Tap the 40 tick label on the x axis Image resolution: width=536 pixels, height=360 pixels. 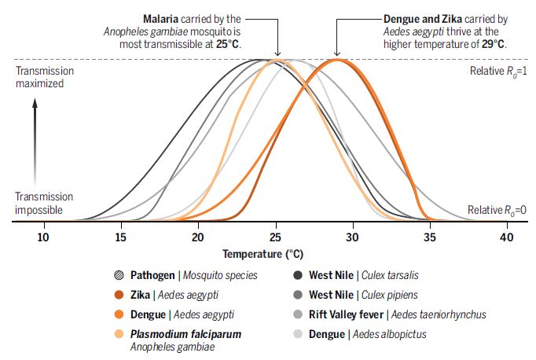[508, 237]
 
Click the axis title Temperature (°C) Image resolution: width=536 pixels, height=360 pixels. [262, 255]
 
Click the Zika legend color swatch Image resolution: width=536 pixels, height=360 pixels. [119, 295]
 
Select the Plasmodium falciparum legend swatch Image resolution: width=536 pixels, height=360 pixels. [119, 334]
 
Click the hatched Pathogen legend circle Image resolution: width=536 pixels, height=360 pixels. [119, 275]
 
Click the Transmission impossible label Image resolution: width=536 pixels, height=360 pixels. [45, 203]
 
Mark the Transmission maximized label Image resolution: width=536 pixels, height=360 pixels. [45, 77]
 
